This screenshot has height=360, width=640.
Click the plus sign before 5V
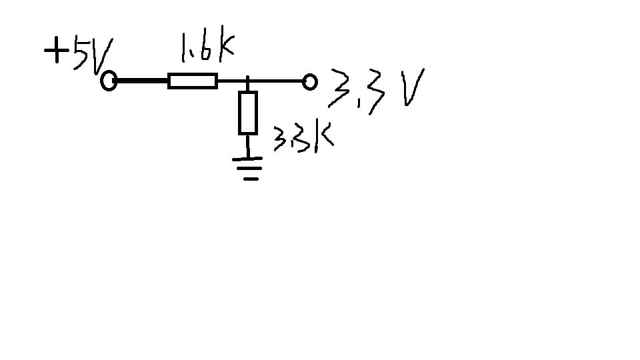(x=57, y=50)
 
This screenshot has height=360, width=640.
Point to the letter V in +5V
(x=101, y=55)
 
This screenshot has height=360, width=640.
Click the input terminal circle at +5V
(x=109, y=81)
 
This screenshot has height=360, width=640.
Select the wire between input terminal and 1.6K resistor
(x=143, y=81)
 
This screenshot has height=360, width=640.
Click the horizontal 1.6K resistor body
(x=193, y=81)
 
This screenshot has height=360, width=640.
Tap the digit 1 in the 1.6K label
(x=184, y=47)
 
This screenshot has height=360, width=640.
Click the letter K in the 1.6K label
(x=227, y=44)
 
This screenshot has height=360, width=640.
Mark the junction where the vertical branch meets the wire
(x=247, y=81)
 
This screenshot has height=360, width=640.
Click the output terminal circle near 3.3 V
(x=310, y=82)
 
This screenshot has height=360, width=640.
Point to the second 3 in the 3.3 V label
(x=376, y=92)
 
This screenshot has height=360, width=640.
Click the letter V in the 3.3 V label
(x=413, y=87)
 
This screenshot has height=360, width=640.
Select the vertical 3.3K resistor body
(x=248, y=113)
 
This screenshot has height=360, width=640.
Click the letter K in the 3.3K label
(x=324, y=136)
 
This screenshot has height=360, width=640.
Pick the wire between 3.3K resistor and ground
(x=247, y=146)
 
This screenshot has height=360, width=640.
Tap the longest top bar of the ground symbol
(x=247, y=159)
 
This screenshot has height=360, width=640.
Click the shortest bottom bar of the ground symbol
(x=251, y=179)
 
